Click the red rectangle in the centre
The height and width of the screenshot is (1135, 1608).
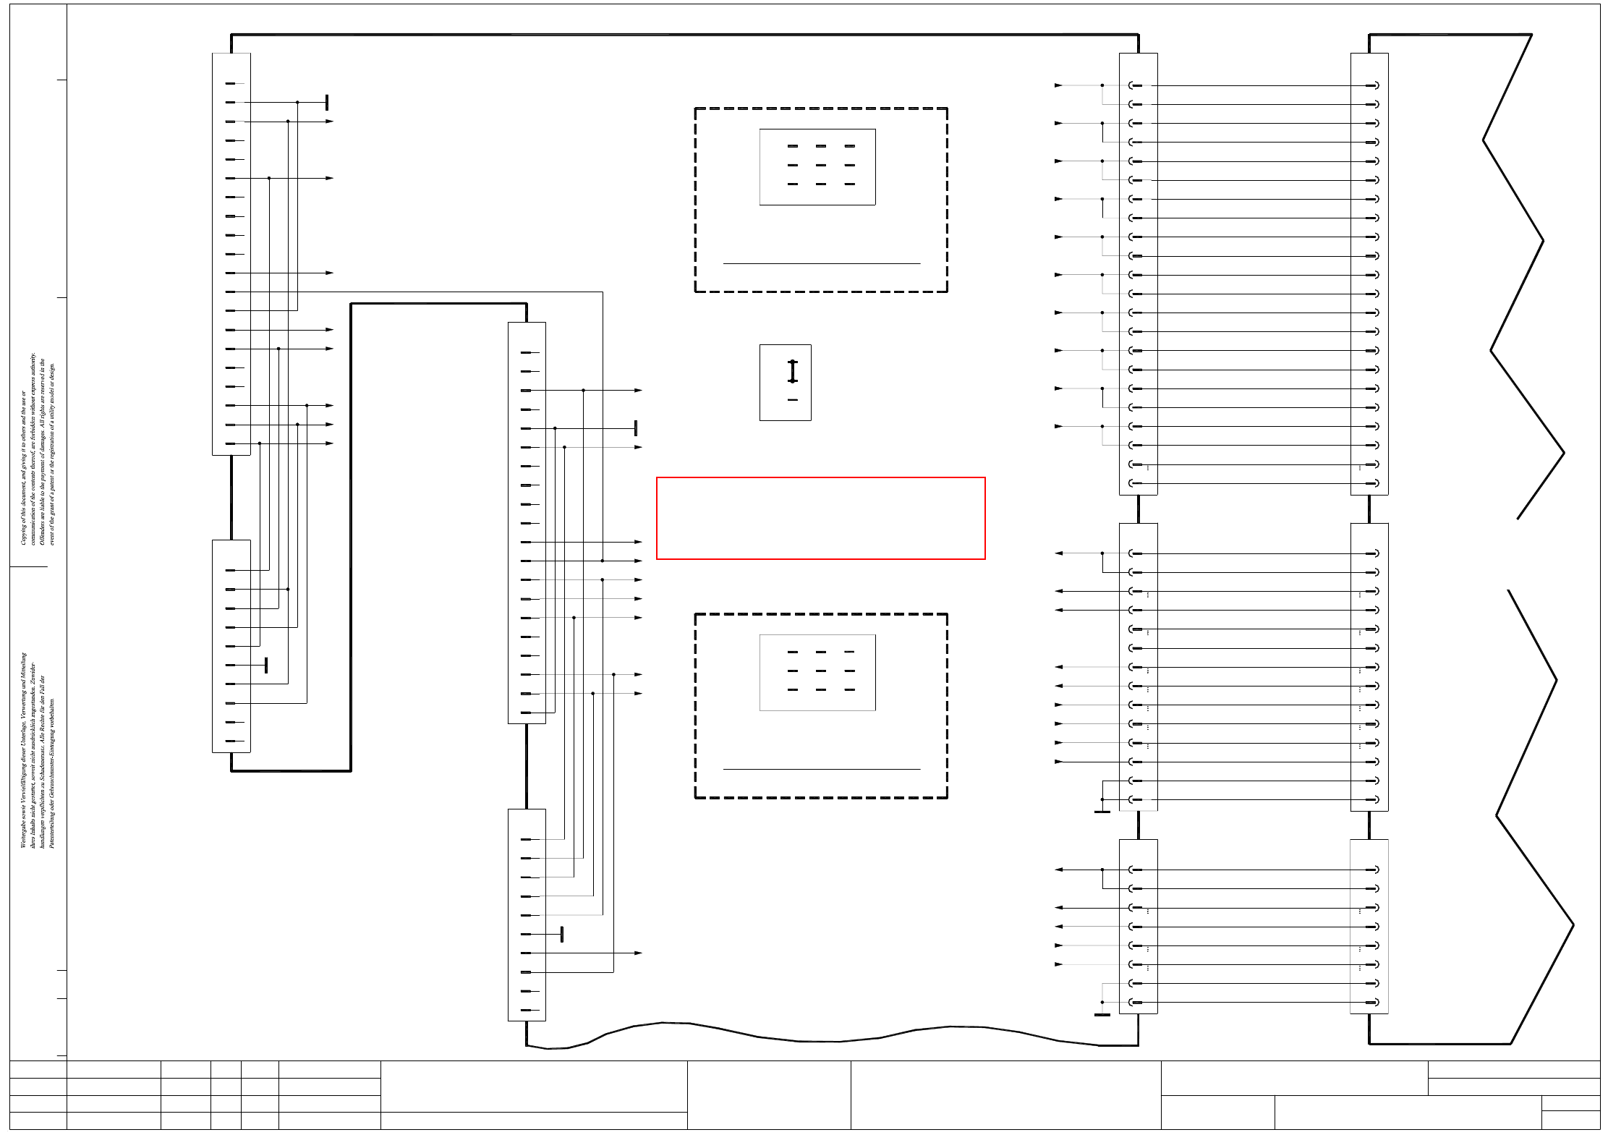click(x=820, y=518)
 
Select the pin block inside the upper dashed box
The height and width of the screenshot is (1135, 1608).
click(x=817, y=167)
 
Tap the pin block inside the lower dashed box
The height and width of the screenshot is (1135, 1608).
click(x=817, y=673)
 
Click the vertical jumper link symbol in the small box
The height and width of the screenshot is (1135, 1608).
click(x=792, y=371)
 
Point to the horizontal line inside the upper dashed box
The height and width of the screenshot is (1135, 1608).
click(x=821, y=263)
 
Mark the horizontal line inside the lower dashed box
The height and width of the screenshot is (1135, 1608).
click(x=821, y=769)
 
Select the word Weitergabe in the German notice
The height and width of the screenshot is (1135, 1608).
click(x=23, y=832)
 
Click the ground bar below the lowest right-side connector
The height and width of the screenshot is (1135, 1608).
click(x=1102, y=1015)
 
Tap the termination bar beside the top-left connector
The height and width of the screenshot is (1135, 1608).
click(x=327, y=102)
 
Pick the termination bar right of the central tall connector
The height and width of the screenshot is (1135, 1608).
click(x=635, y=428)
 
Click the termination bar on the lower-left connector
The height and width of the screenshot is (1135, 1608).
click(x=266, y=665)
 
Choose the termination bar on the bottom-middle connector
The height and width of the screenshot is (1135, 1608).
click(x=561, y=934)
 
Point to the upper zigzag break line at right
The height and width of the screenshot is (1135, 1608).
click(x=1519, y=275)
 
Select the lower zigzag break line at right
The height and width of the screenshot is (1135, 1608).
click(x=1533, y=817)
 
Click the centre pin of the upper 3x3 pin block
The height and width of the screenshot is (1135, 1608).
click(x=820, y=165)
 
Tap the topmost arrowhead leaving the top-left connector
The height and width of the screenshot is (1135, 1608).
click(x=330, y=122)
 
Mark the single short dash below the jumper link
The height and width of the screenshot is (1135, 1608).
click(x=792, y=400)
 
